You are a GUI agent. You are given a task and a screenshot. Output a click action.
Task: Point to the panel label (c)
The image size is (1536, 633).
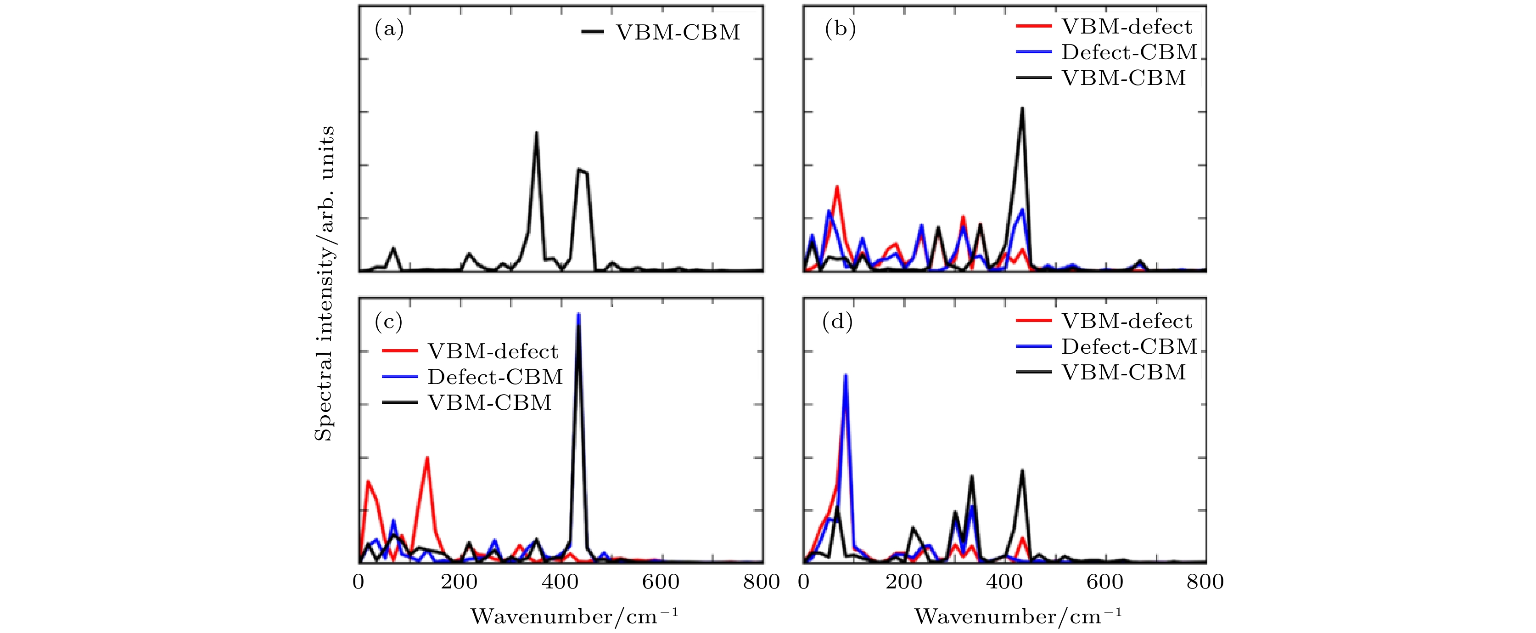pos(388,322)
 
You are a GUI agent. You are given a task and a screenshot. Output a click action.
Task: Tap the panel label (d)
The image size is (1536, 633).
pos(837,322)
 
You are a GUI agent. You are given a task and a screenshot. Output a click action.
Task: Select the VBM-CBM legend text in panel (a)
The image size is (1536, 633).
pos(678,32)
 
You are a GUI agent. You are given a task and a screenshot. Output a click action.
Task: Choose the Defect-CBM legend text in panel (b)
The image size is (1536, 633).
pos(1129,52)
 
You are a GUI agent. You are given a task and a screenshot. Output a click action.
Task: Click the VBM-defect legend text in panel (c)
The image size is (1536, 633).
pos(493,351)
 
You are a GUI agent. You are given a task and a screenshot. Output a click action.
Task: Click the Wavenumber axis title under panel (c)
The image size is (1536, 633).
pos(574,616)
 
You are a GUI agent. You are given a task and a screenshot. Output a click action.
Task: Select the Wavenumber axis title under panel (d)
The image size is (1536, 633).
pos(1017,616)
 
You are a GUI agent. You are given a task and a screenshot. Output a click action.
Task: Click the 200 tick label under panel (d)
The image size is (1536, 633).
pos(904,582)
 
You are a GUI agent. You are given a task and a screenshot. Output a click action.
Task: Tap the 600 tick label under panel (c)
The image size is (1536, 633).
pos(661,582)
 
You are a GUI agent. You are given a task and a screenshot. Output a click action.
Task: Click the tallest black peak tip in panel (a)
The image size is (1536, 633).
pos(537,132)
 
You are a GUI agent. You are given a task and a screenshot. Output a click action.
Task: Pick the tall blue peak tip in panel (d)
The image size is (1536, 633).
pos(846,375)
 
